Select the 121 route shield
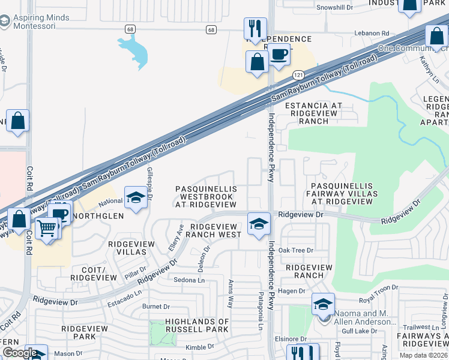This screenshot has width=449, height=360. [298, 74]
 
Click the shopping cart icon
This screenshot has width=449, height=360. [47, 227]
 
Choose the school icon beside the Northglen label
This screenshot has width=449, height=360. [136, 197]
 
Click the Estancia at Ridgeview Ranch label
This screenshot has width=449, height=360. [313, 113]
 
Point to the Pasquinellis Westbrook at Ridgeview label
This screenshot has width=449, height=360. [206, 196]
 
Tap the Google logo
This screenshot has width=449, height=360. [20, 353]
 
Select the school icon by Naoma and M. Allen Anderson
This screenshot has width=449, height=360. [323, 304]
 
